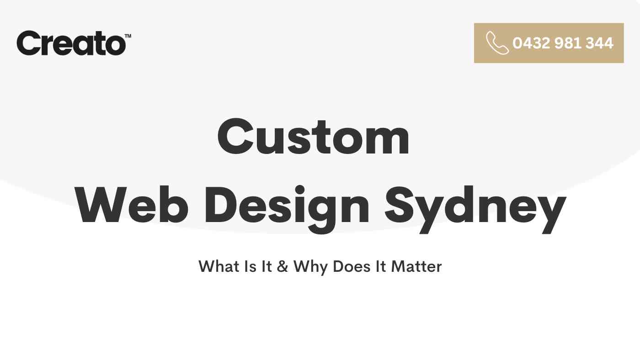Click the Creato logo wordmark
[71, 43]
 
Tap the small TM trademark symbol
[128, 36]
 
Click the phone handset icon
[497, 43]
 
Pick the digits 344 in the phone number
[599, 43]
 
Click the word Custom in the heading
[314, 137]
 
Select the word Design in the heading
[287, 209]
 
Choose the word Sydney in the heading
[475, 209]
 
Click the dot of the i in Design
[299, 189]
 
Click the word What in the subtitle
[219, 266]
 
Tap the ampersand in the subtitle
[283, 266]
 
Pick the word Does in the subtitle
[352, 266]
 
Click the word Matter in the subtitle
[416, 266]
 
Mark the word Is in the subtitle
[251, 266]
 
